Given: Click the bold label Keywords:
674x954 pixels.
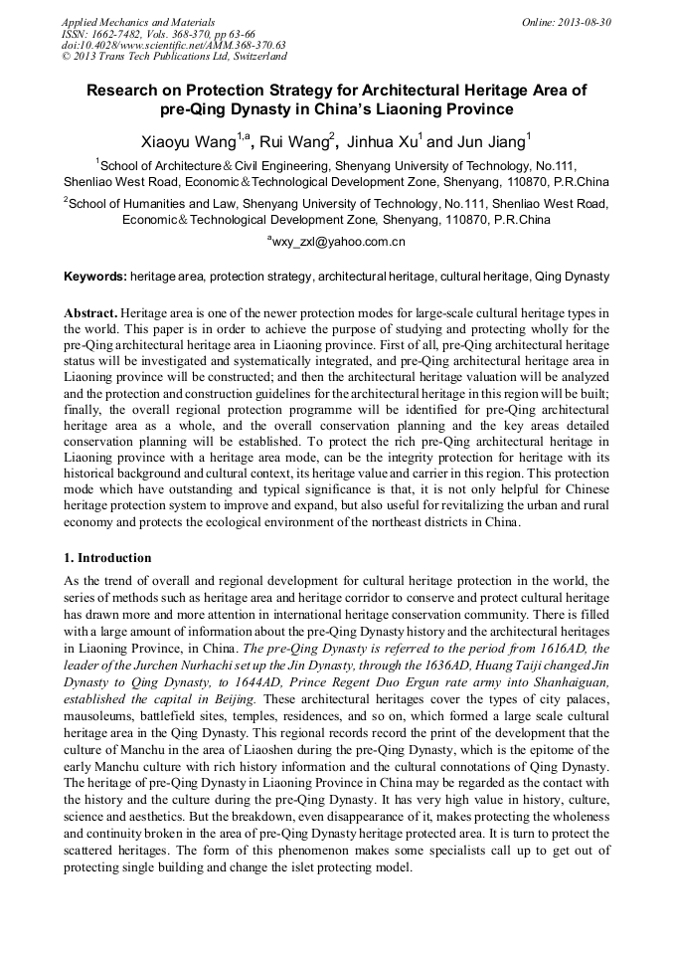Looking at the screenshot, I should [95, 276].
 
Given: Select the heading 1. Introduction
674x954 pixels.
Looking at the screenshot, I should [107, 557].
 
